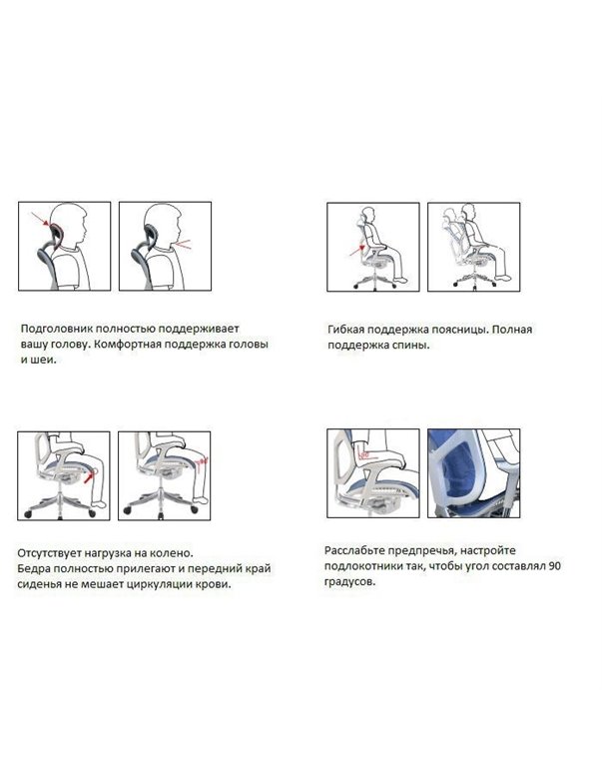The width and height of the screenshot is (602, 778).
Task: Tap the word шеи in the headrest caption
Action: (x=37, y=361)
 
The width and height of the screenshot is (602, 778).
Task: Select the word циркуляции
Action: (x=157, y=585)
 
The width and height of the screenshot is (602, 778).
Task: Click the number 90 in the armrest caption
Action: (x=555, y=566)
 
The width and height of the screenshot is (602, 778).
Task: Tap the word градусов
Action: (x=349, y=582)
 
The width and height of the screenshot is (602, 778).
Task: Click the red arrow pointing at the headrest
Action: (x=40, y=220)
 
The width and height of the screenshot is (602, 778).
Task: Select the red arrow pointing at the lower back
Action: (x=356, y=250)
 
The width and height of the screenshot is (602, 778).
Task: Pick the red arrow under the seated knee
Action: (x=89, y=477)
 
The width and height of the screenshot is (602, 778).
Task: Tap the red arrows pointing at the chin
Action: (x=182, y=244)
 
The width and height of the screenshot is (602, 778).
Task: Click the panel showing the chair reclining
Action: (x=473, y=247)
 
